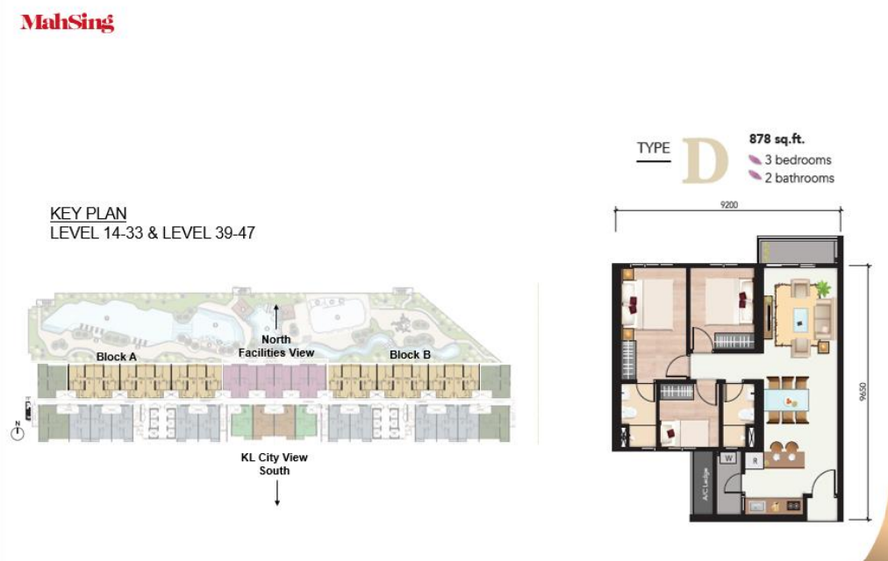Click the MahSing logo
68,23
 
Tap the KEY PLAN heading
89,214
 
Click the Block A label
116,357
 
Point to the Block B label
410,355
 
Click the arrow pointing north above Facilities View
276,316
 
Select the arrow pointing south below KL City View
277,493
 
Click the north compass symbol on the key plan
18,432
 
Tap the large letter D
705,161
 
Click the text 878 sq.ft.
777,139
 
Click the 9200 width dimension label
729,205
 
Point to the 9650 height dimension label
863,391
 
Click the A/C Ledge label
705,484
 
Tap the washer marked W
729,458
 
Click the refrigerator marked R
755,461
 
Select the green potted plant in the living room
823,288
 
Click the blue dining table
786,401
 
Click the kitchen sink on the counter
758,506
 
